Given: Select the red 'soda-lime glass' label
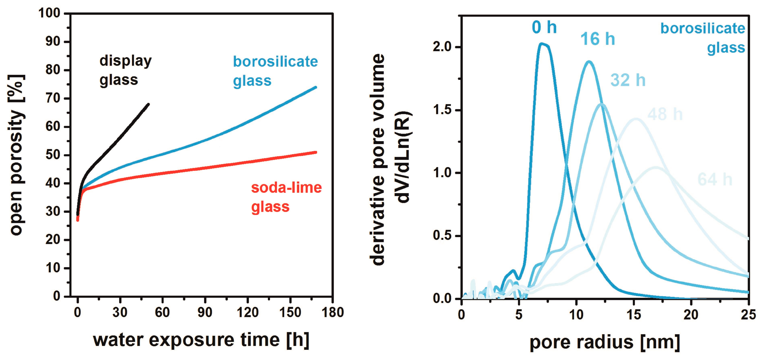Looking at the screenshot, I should click(286, 197).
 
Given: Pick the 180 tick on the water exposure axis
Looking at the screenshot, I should click(333, 313).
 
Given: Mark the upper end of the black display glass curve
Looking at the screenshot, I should click(148, 104).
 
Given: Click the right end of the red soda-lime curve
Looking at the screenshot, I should click(316, 153).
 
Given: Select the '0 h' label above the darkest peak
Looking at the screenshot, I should click(544, 27).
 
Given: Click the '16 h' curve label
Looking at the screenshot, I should click(598, 39).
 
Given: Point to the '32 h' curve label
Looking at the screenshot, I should click(628, 80).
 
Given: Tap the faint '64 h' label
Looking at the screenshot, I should click(715, 179).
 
